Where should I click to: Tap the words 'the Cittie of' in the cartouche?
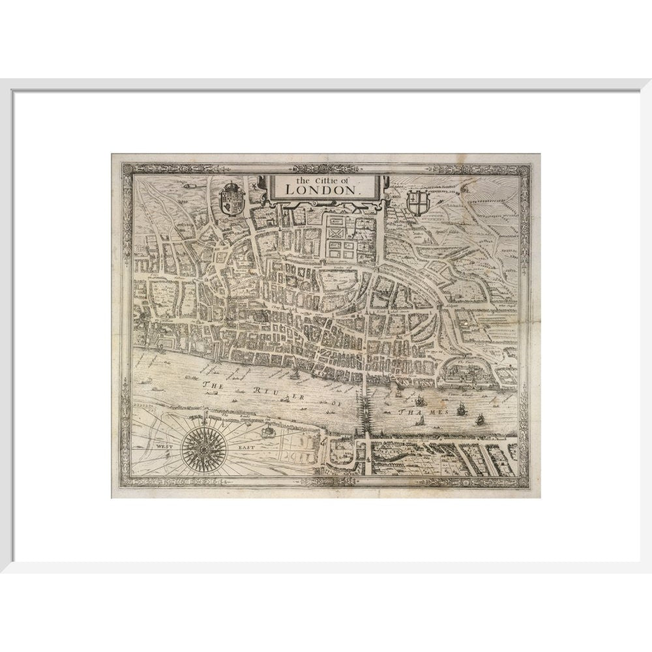[321, 179]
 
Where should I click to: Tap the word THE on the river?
[213, 385]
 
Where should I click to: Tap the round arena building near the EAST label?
[267, 431]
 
